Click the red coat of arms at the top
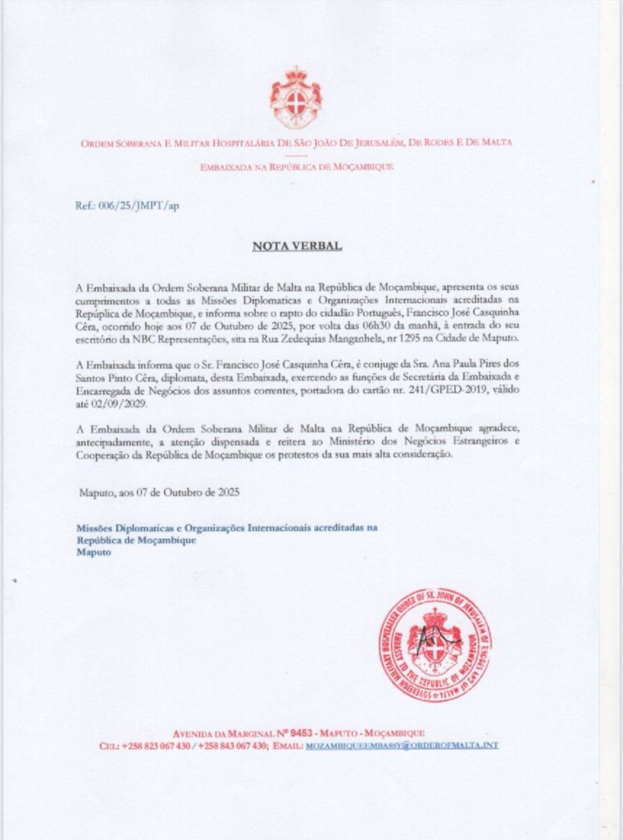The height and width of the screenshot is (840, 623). click(296, 98)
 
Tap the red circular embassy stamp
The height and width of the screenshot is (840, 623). click(434, 644)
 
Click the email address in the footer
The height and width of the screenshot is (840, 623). click(401, 746)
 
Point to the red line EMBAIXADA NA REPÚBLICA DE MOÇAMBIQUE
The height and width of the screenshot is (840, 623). click(297, 167)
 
